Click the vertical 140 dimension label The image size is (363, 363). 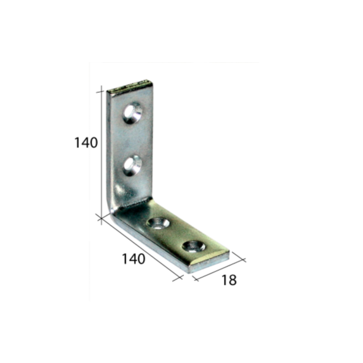pyautogui.click(x=86, y=143)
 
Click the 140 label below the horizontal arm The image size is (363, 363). pyautogui.click(x=134, y=259)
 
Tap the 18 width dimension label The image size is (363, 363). pyautogui.click(x=229, y=280)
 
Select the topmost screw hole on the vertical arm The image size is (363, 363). pyautogui.click(x=132, y=113)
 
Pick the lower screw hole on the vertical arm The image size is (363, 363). pyautogui.click(x=132, y=165)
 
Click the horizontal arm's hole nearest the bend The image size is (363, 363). pyautogui.click(x=159, y=224)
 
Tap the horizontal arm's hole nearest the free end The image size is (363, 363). pyautogui.click(x=194, y=246)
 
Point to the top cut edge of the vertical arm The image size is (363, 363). pyautogui.click(x=130, y=86)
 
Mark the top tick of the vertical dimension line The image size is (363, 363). pyautogui.click(x=100, y=92)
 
